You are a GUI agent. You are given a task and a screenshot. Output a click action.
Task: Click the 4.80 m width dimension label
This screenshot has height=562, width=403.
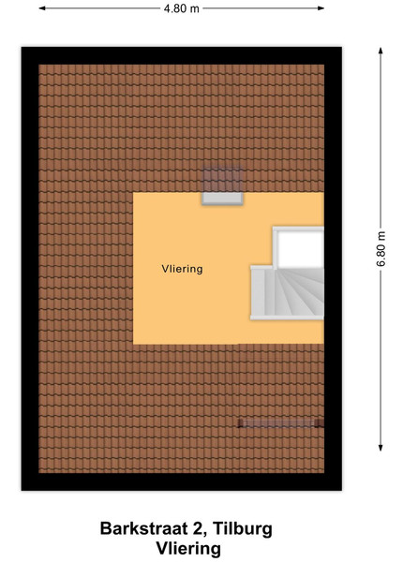click(181, 8)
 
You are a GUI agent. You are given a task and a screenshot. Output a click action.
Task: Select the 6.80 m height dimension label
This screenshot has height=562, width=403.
click(381, 249)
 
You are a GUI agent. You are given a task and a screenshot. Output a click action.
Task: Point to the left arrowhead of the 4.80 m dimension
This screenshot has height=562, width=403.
click(42, 7)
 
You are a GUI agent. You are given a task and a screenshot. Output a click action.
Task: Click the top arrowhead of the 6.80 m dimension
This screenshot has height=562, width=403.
click(381, 51)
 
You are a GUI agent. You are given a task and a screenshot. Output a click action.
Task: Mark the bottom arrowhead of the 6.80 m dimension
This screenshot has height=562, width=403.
click(381, 448)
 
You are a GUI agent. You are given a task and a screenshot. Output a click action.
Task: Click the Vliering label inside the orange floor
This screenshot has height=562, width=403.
click(182, 269)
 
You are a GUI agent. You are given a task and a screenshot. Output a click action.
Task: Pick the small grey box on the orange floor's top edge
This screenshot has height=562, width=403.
click(222, 199)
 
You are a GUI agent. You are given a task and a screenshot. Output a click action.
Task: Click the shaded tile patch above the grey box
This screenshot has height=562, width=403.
click(222, 180)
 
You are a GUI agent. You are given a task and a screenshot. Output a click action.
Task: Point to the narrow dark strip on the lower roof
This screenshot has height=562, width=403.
click(281, 423)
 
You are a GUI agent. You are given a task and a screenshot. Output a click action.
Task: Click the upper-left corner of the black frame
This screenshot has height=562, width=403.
click(22, 47)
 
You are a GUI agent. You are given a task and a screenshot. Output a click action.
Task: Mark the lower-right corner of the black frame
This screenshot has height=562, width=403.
click(341, 490)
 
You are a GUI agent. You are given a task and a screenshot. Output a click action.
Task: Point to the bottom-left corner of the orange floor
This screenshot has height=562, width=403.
click(133, 344)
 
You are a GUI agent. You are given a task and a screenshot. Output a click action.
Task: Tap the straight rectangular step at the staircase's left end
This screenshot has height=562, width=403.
click(258, 292)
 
